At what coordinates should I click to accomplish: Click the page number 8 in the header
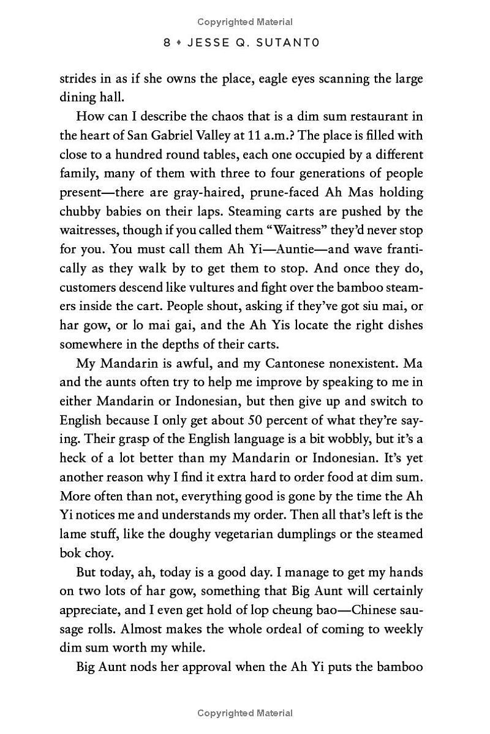click(x=167, y=43)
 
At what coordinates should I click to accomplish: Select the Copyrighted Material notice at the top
click(x=245, y=22)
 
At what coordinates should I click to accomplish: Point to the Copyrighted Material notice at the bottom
click(x=245, y=713)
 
